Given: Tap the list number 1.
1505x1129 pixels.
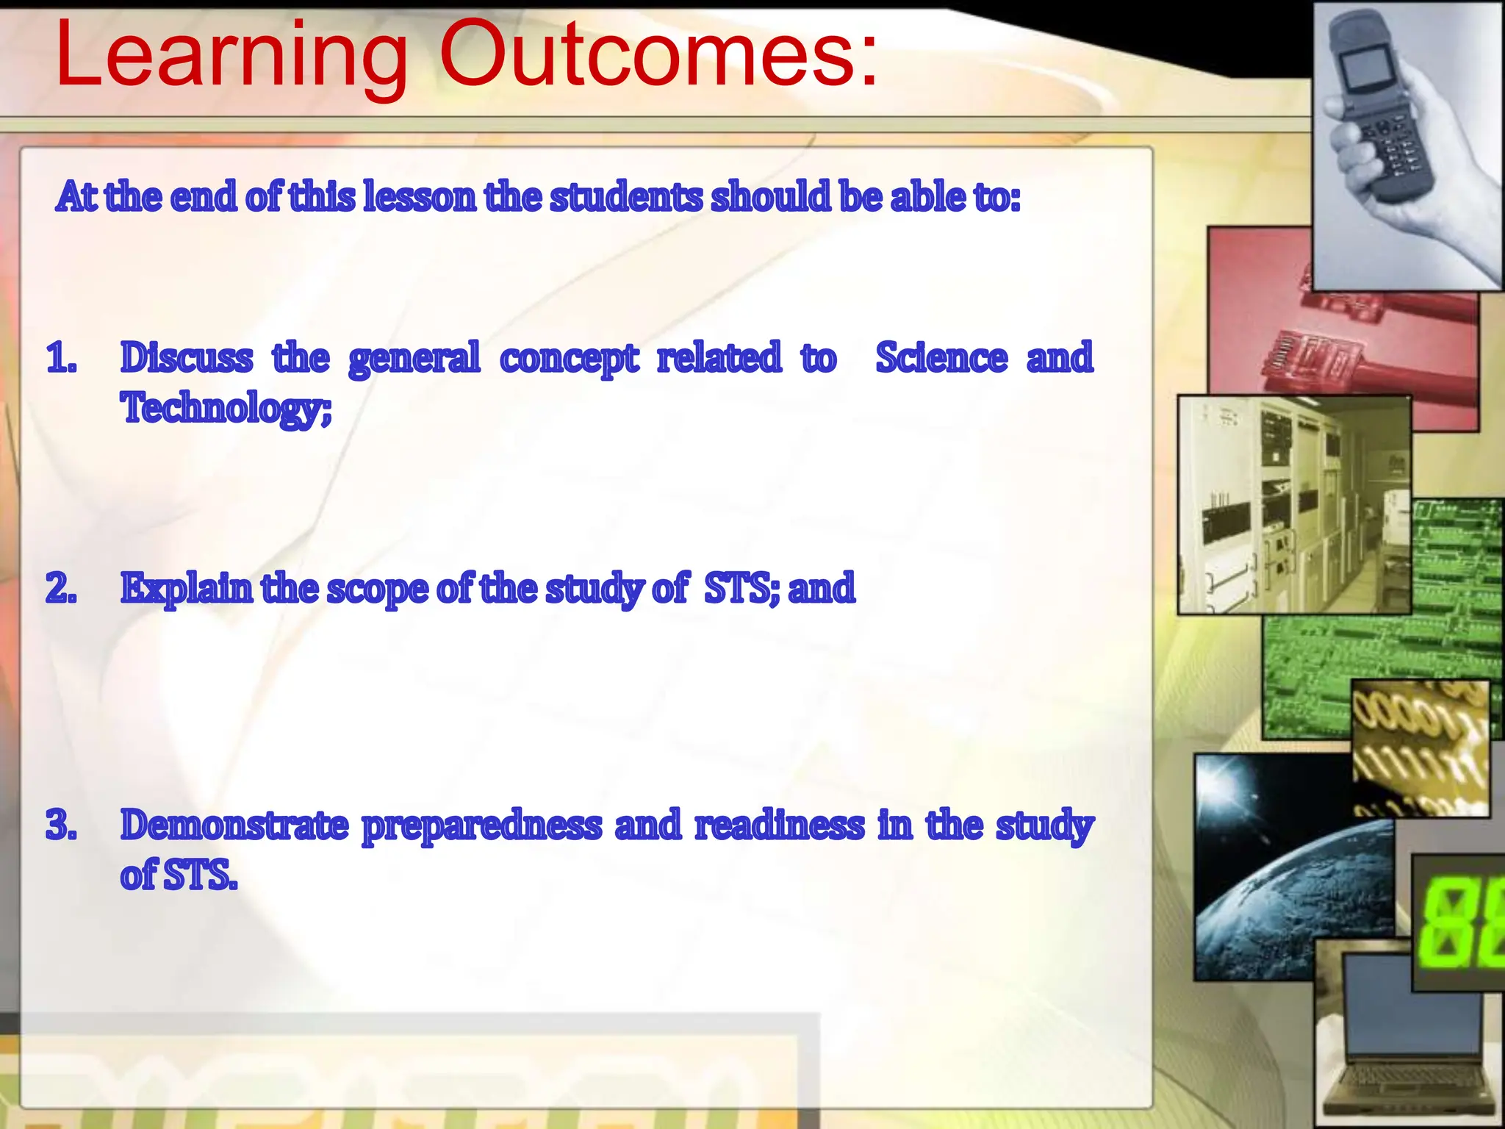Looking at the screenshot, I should coord(60,359).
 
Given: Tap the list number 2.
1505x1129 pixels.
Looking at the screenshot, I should coord(60,589).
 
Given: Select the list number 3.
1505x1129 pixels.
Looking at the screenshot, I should coord(60,825).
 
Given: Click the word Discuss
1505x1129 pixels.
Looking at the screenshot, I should coord(187,359).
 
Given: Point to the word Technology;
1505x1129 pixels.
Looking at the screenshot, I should coord(226,409).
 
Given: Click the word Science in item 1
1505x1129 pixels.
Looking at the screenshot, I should coord(941,359).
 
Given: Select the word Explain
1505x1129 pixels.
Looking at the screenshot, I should coord(187,589).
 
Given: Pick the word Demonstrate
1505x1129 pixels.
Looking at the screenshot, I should coord(234,825).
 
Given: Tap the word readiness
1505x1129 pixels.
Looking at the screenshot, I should coord(780,825).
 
